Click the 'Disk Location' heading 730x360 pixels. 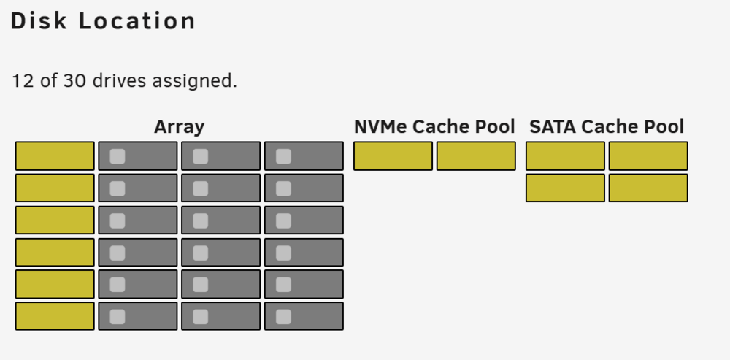tap(103, 21)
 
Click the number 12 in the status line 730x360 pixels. tap(23, 80)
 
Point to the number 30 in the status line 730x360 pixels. tap(74, 80)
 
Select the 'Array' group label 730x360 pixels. tap(180, 126)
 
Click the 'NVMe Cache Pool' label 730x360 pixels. tap(434, 126)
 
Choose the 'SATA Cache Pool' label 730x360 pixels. tap(607, 126)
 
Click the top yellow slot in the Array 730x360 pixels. tap(55, 156)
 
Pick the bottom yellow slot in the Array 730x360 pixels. tap(55, 316)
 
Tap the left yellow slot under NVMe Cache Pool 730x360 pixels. tap(393, 156)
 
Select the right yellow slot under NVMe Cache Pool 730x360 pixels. tap(476, 156)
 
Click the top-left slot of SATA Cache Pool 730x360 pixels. tap(565, 156)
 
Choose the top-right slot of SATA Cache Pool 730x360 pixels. tap(648, 156)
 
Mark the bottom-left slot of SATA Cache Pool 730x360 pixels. tap(565, 188)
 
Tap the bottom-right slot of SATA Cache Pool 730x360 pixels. tap(648, 188)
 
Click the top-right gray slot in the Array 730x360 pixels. tap(304, 156)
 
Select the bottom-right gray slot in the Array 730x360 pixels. tap(304, 316)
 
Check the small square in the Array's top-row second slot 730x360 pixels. tap(118, 156)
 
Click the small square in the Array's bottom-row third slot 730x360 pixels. tap(200, 317)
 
